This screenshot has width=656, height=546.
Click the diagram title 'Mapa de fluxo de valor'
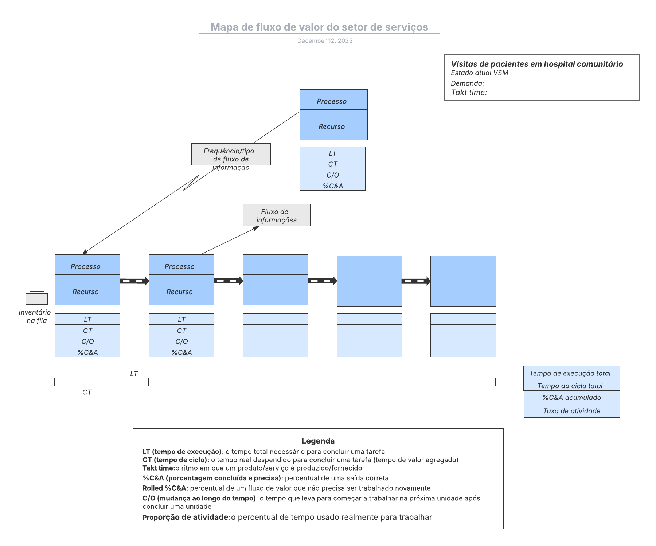tap(319, 27)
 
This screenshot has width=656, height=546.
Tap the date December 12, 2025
tap(324, 41)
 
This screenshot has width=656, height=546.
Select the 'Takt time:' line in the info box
tap(469, 93)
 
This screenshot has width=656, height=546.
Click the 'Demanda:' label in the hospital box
tap(467, 83)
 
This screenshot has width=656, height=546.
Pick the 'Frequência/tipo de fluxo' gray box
tap(231, 155)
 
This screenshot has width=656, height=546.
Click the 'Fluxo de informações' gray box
tap(276, 215)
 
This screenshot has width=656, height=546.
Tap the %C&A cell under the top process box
tap(332, 186)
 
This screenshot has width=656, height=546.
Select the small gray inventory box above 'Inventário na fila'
tap(36, 299)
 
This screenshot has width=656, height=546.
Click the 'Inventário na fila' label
tap(35, 316)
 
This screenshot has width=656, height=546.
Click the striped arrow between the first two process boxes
tap(134, 281)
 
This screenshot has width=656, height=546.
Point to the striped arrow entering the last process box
tap(416, 281)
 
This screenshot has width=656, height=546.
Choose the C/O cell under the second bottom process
tap(181, 342)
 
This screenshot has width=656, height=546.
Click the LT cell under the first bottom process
tap(87, 320)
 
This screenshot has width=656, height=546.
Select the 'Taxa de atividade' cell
tap(571, 411)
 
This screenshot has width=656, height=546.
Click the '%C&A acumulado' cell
tap(571, 398)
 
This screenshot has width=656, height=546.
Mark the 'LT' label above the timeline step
tap(134, 374)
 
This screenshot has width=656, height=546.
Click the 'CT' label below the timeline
tap(87, 392)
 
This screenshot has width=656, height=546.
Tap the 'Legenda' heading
tap(318, 441)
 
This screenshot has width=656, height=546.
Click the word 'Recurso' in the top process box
tap(331, 126)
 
